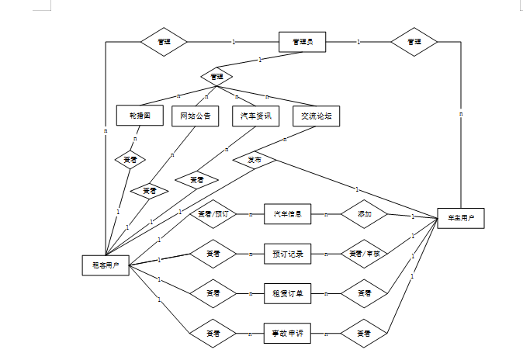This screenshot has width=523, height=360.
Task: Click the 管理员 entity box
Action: pyautogui.click(x=302, y=41)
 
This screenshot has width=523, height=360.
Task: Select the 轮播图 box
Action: pyautogui.click(x=140, y=116)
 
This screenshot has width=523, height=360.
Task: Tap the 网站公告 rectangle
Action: pyautogui.click(x=195, y=116)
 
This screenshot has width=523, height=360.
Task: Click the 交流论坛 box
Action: pyautogui.click(x=317, y=116)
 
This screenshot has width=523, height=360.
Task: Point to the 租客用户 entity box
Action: pyautogui.click(x=106, y=265)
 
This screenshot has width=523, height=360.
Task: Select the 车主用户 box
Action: pyautogui.click(x=461, y=218)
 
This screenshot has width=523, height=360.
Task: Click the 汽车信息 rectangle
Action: pyautogui.click(x=287, y=213)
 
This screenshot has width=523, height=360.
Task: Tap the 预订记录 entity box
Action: pyautogui.click(x=287, y=254)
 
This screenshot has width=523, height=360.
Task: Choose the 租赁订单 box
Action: pyautogui.click(x=287, y=293)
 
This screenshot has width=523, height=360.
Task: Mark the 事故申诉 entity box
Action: pyautogui.click(x=287, y=334)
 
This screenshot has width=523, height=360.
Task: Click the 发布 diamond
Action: pyautogui.click(x=255, y=160)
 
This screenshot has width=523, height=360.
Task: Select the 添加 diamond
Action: pyautogui.click(x=364, y=213)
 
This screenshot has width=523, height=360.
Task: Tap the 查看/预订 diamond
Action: pyautogui.click(x=213, y=213)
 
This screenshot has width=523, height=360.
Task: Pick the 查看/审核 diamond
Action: pyautogui.click(x=364, y=254)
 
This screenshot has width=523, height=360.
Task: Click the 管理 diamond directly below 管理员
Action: pyautogui.click(x=216, y=76)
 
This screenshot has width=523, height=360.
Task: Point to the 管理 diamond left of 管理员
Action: pyautogui.click(x=164, y=41)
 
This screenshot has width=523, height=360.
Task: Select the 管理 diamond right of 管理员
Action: pyautogui.click(x=414, y=41)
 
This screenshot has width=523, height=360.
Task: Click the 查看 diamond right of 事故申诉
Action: pyautogui.click(x=364, y=334)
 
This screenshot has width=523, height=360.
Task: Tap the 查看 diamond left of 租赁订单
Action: pyautogui.click(x=213, y=293)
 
